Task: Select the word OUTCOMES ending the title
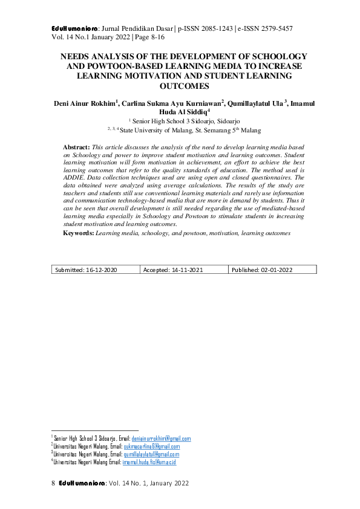(x=180, y=86)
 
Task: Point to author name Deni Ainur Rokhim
(x=85, y=103)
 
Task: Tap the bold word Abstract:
(x=76, y=147)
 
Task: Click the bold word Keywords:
(x=79, y=233)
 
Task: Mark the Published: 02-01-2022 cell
(x=262, y=270)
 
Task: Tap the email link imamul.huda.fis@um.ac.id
(x=149, y=462)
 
